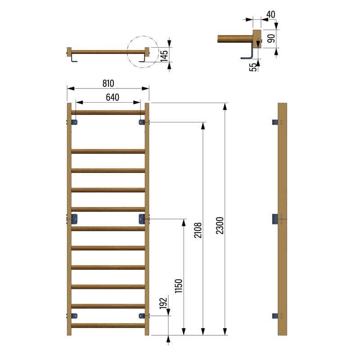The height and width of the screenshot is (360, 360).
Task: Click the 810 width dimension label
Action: coord(108,83)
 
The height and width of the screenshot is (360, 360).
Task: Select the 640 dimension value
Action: coord(112,97)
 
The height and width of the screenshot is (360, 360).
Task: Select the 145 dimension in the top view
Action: coord(164,55)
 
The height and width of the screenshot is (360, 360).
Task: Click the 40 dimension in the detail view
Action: coord(270,14)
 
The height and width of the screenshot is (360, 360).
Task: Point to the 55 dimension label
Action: coord(253,67)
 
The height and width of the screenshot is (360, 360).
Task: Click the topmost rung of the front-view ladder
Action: coord(108,112)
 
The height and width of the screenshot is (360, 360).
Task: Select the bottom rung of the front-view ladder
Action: coord(108,325)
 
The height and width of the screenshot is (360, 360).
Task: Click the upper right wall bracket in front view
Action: coord(142,122)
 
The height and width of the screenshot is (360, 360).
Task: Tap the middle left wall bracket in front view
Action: coord(74,220)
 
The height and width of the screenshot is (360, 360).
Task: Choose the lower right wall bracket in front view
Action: coord(142,316)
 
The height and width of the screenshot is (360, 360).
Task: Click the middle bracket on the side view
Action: coord(275,219)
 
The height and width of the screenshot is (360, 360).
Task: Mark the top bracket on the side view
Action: coord(275,122)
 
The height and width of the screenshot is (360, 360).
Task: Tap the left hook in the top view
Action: coord(74,59)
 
